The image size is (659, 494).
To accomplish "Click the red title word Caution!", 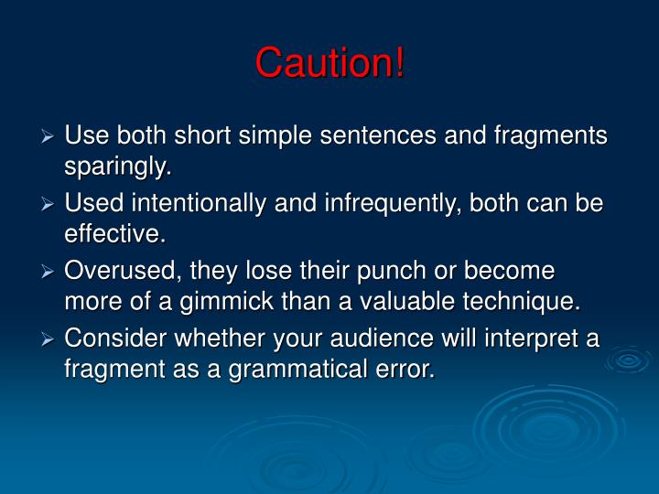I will pyautogui.click(x=329, y=62).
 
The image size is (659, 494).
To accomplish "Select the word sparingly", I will pyautogui.click(x=116, y=167).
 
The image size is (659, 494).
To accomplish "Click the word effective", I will pyautogui.click(x=114, y=235).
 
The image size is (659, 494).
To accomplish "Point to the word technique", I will pyautogui.click(x=519, y=303).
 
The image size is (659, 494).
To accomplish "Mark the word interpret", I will pyautogui.click(x=519, y=338).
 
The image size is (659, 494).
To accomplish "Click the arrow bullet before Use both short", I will pyautogui.click(x=49, y=136).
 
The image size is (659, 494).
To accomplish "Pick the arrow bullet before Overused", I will pyautogui.click(x=49, y=272).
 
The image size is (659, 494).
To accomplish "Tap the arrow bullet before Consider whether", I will pyautogui.click(x=49, y=339).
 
